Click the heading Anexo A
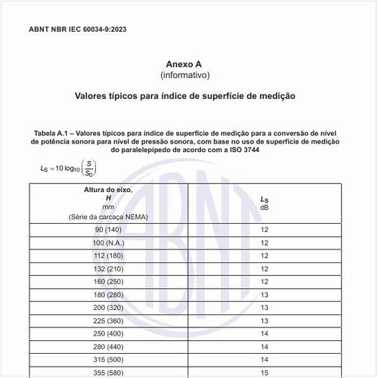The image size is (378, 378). [184, 65]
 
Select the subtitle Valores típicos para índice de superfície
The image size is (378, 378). [184, 97]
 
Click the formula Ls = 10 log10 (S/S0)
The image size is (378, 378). [68, 167]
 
